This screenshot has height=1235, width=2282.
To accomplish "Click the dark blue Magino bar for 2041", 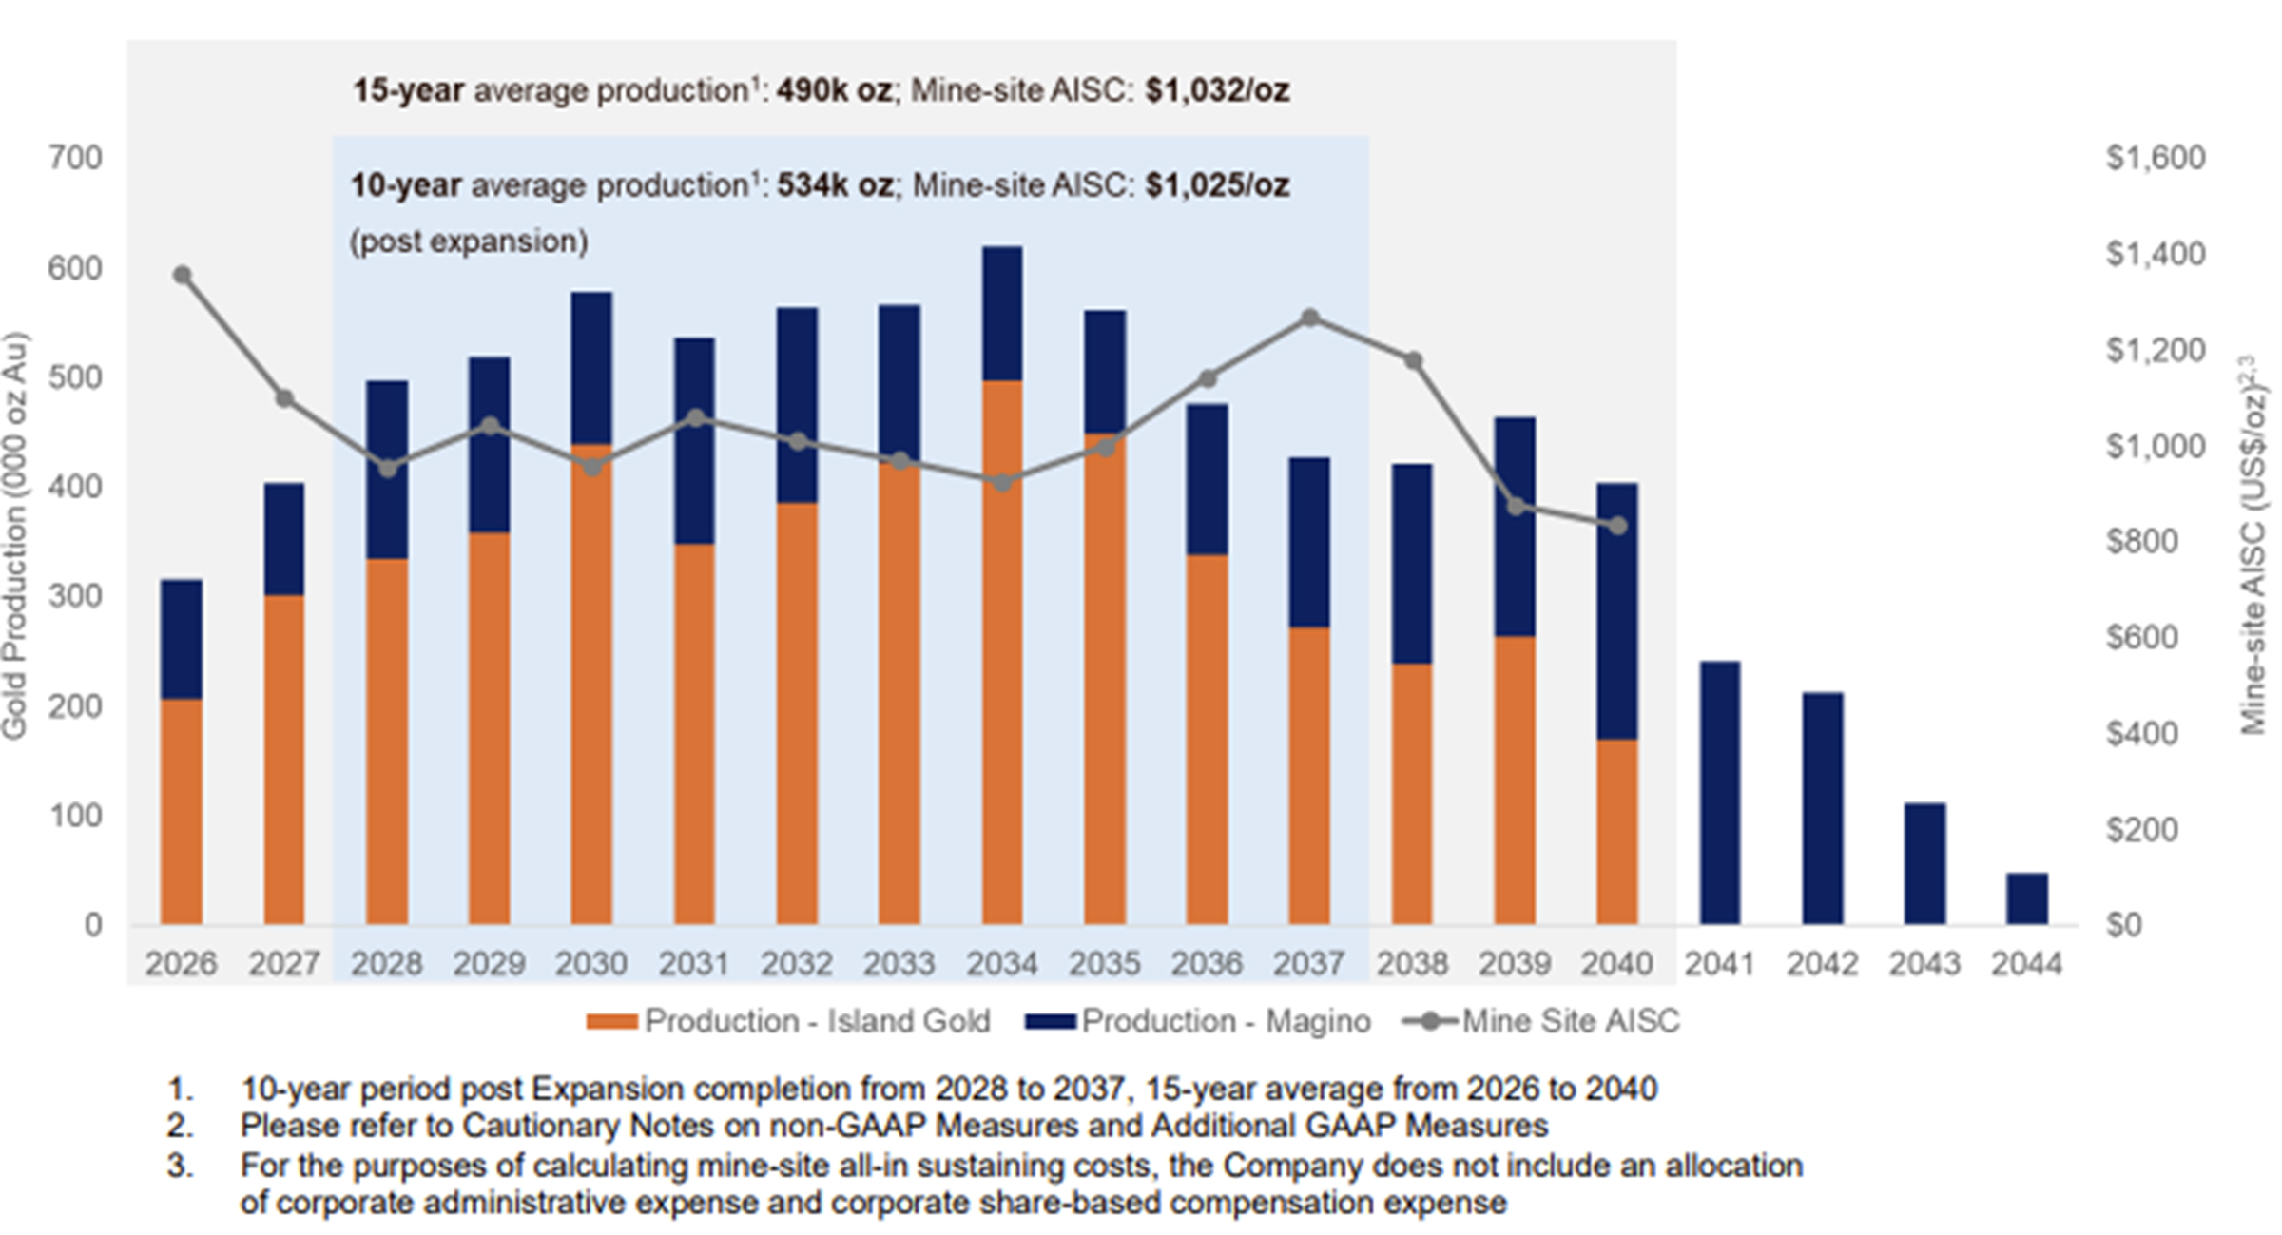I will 1719,793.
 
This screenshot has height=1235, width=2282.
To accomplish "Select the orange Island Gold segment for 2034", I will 1001,652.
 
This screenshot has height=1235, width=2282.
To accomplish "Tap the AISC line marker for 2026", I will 183,276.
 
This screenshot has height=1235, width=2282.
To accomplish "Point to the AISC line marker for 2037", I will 1310,318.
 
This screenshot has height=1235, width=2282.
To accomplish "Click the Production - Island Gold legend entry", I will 788,1021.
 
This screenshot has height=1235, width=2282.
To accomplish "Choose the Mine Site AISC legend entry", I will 1542,1021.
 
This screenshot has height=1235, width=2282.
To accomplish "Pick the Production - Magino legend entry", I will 1198,1021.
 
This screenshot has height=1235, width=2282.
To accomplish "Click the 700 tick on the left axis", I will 75,158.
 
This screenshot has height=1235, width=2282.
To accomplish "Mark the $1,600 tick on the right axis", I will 2155,158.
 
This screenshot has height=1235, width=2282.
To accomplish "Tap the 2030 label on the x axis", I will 591,964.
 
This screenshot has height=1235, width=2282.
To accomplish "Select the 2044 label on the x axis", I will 2026,964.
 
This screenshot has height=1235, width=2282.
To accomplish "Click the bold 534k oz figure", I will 835,185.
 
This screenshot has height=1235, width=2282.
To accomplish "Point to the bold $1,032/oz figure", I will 1217,91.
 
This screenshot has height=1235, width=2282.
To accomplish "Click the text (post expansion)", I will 469,241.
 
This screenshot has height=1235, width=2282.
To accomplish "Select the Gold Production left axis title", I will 15,535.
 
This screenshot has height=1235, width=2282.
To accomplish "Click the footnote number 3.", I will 180,1166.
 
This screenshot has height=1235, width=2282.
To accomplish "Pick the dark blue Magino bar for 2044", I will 2026,898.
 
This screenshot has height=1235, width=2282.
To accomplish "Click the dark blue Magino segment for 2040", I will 1616,610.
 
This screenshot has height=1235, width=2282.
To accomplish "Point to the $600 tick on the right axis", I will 2141,637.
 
